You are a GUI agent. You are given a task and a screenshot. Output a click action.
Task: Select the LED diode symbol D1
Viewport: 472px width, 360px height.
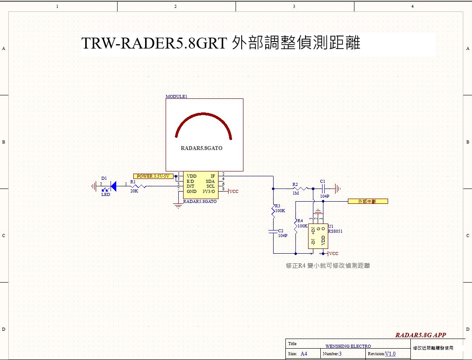pyautogui.click(x=113, y=186)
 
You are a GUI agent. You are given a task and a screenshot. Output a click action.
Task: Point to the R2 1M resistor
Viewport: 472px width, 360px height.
pyautogui.click(x=302, y=189)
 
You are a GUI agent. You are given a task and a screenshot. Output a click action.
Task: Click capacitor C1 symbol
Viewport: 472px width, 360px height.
pyautogui.click(x=323, y=189)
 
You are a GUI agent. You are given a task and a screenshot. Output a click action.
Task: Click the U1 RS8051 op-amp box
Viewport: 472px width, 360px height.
pyautogui.click(x=318, y=237)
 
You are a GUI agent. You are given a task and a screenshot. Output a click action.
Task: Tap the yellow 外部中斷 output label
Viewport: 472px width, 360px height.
pyautogui.click(x=368, y=201)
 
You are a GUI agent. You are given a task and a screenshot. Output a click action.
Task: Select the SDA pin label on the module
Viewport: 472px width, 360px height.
pyautogui.click(x=210, y=181)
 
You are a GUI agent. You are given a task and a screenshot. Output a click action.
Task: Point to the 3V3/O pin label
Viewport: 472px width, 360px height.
pyautogui.click(x=208, y=191)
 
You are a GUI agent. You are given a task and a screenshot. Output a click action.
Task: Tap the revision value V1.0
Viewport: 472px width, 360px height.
pyautogui.click(x=390, y=353)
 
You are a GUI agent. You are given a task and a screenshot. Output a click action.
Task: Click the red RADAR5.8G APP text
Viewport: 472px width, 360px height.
pyautogui.click(x=420, y=335)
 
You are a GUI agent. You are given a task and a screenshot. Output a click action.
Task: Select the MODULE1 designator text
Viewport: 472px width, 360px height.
pyautogui.click(x=177, y=96)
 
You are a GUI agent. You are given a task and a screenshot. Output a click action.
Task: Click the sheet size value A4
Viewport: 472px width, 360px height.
pyautogui.click(x=304, y=353)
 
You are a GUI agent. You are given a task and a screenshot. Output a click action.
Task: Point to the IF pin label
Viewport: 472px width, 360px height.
pyautogui.click(x=212, y=176)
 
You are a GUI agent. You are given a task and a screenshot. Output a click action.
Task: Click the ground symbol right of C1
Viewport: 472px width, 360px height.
pyautogui.click(x=337, y=189)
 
